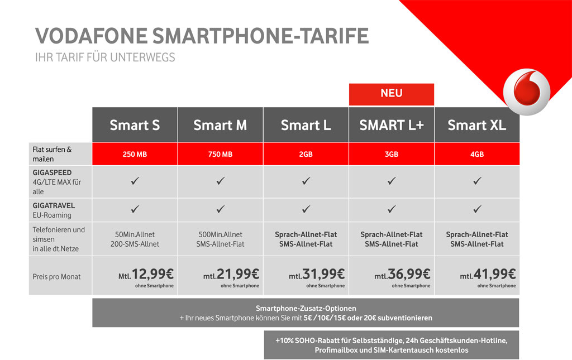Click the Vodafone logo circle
tap(527, 92)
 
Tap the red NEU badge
tap(392, 94)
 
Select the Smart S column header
tap(135, 124)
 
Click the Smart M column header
tap(220, 124)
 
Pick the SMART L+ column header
tap(392, 124)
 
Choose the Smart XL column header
tap(477, 124)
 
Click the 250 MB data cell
tap(135, 154)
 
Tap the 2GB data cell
tap(306, 154)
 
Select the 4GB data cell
tap(477, 154)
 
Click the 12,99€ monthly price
tap(153, 274)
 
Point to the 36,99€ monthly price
tap(409, 274)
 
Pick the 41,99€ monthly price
tap(495, 274)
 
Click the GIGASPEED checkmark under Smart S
tap(135, 181)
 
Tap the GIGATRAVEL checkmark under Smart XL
tap(477, 209)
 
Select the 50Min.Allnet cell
tap(135, 239)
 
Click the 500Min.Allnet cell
tap(220, 239)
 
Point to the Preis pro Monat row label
tap(56, 277)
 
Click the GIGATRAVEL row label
tap(54, 205)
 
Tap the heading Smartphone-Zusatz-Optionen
tap(306, 308)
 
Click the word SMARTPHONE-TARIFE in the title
tap(260, 36)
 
